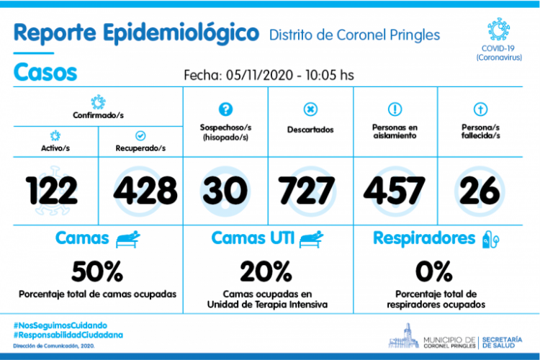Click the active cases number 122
click(52, 190)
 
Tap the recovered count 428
click(144, 190)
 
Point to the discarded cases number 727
click(308, 190)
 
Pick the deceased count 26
click(478, 190)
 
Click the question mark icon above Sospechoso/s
click(225, 109)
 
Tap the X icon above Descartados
click(310, 109)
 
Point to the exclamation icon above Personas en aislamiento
click(395, 109)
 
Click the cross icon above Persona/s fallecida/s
click(479, 109)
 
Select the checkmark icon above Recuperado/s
click(141, 135)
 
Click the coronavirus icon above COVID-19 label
click(498, 30)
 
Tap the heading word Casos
click(45, 73)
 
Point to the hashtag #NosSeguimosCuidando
click(61, 325)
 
